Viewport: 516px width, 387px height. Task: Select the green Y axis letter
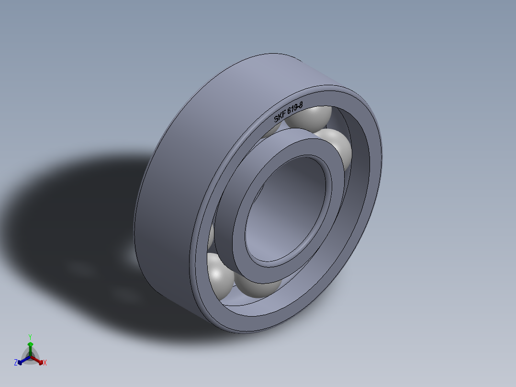tap(30, 336)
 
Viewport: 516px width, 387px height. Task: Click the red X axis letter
tap(45, 363)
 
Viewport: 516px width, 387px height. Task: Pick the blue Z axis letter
tap(16, 363)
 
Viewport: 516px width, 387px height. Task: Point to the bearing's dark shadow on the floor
tap(72, 216)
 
